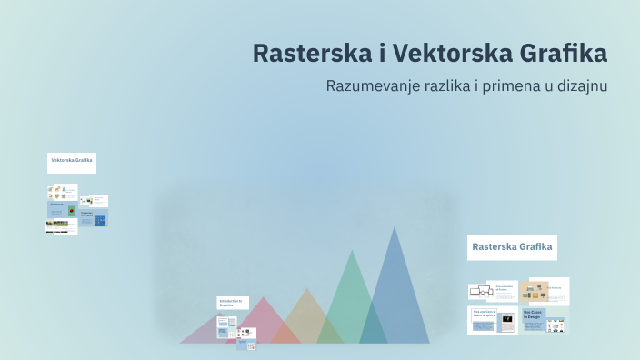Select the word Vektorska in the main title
click(435, 53)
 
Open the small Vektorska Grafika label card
click(72, 163)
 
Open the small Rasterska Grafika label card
click(512, 247)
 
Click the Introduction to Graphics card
click(232, 304)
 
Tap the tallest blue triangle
click(395, 291)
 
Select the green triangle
click(350, 305)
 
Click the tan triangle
click(307, 320)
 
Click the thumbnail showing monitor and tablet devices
click(481, 292)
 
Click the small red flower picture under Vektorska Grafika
click(72, 210)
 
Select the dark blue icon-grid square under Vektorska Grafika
click(100, 220)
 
